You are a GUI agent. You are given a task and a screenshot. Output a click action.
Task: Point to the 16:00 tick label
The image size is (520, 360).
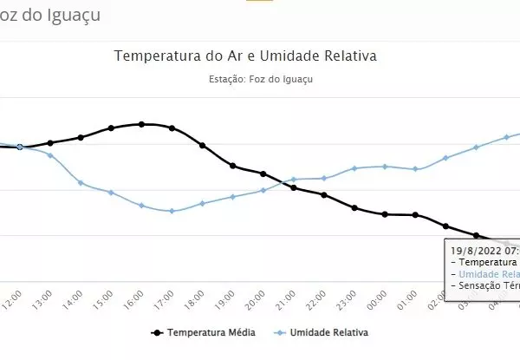pyautogui.click(x=134, y=299)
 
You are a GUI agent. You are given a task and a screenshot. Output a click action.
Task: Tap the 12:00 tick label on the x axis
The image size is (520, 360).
pyautogui.click(x=13, y=299)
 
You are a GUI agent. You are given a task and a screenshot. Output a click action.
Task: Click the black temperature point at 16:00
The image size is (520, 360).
pyautogui.click(x=141, y=124)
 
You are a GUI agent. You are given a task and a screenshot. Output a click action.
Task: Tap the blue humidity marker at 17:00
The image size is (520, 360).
pyautogui.click(x=172, y=211)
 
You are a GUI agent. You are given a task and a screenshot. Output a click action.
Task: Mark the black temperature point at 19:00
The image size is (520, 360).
pyautogui.click(x=232, y=165)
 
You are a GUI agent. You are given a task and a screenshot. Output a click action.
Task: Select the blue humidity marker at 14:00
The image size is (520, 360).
pyautogui.click(x=81, y=182)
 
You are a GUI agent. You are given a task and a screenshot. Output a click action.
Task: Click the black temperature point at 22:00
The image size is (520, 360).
pyautogui.click(x=324, y=195)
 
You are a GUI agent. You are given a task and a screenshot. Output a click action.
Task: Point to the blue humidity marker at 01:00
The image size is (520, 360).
pyautogui.click(x=416, y=169)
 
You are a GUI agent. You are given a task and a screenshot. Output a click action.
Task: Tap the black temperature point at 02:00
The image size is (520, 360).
pyautogui.click(x=446, y=226)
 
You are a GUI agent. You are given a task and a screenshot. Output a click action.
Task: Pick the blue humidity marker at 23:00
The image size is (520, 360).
pyautogui.click(x=354, y=167)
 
